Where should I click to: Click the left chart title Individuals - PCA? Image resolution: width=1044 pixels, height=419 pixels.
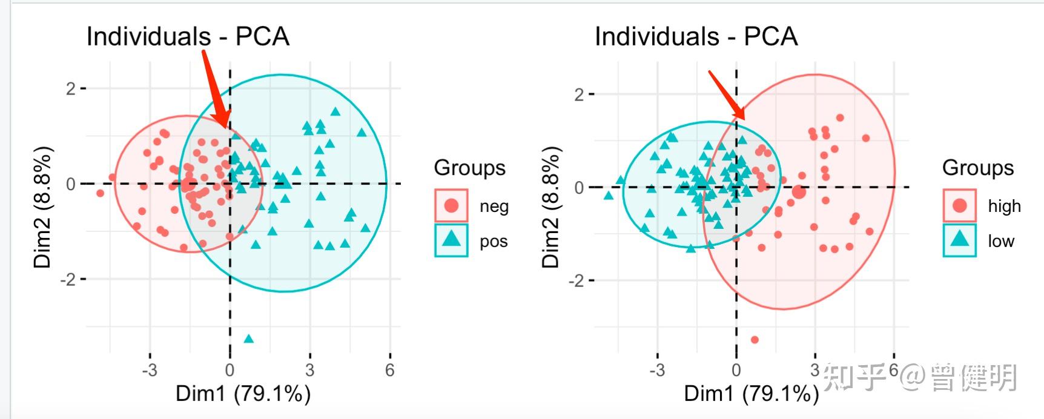coord(188,36)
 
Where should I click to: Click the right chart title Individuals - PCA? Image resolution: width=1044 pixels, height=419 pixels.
coord(696,36)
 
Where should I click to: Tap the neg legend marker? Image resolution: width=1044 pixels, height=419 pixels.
coord(451,206)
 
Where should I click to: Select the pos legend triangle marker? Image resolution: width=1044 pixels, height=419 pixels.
coord(451,240)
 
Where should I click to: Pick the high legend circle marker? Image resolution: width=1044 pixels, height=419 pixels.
coord(959,206)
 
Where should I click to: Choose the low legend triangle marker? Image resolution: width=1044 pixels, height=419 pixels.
coord(959,240)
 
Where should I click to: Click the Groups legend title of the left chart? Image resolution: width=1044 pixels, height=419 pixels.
coord(469,168)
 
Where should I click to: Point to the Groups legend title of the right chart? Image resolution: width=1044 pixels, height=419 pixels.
coord(977,168)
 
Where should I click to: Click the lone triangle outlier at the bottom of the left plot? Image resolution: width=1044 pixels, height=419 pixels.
coord(248,338)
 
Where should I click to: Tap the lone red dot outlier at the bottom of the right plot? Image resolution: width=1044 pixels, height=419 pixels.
coord(755,340)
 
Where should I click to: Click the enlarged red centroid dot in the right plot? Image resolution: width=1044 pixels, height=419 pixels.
coord(799,192)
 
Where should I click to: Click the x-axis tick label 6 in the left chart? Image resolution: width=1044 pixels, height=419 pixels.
coord(389,370)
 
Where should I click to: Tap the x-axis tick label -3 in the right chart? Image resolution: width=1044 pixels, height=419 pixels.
coord(656,370)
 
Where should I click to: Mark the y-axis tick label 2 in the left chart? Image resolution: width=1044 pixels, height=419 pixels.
coord(71,88)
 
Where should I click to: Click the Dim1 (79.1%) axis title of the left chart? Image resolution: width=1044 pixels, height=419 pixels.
coord(243,394)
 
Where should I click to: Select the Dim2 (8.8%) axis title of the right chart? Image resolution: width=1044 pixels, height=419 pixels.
coord(550,207)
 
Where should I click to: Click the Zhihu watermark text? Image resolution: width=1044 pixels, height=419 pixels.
coord(920,377)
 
